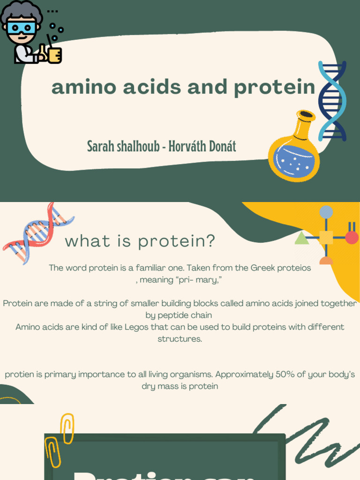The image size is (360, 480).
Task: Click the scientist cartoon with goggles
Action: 21,30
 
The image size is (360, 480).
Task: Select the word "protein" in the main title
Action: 275,88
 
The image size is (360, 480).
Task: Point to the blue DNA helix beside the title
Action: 332,101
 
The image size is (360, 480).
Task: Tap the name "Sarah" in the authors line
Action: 102,146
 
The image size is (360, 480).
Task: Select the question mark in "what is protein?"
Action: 210,241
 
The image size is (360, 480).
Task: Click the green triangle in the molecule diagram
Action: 302,238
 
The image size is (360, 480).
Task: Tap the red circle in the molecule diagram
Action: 352,238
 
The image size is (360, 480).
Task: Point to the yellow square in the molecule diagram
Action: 326,238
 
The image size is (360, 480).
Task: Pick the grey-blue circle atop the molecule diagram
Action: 326,212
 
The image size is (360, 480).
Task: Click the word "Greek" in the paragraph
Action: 262,268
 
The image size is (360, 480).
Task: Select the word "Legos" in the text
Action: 136,327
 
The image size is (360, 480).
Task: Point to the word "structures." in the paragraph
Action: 180,339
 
